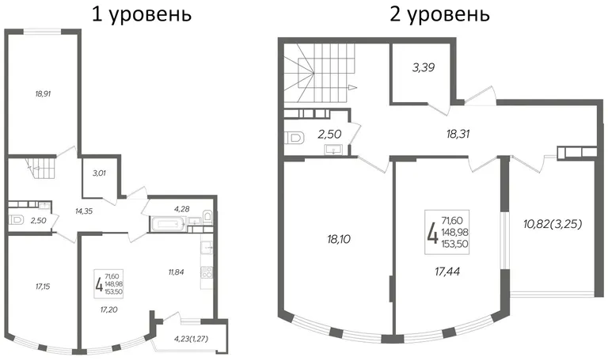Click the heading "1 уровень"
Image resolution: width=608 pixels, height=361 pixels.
pyautogui.click(x=142, y=15)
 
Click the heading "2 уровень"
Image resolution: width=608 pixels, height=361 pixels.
pyautogui.click(x=439, y=15)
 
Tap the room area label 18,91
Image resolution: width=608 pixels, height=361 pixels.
pyautogui.click(x=43, y=93)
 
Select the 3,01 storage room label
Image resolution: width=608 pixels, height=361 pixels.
pyautogui.click(x=99, y=173)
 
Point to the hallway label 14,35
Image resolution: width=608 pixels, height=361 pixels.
pyautogui.click(x=84, y=211)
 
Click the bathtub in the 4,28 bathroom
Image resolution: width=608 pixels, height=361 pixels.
pyautogui.click(x=167, y=225)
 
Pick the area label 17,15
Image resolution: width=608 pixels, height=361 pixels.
pyautogui.click(x=43, y=287)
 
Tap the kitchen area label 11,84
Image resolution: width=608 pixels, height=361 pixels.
pyautogui.click(x=176, y=272)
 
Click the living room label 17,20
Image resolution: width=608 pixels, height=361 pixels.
pyautogui.click(x=109, y=310)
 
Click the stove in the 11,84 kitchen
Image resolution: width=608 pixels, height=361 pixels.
pyautogui.click(x=207, y=272)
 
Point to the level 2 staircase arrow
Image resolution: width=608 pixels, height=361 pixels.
pyautogui.click(x=352, y=87)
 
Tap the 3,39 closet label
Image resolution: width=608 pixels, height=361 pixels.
pyautogui.click(x=424, y=67)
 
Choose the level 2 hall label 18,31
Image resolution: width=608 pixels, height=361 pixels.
pyautogui.click(x=458, y=134)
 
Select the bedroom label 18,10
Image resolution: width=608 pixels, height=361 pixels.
pyautogui.click(x=339, y=239)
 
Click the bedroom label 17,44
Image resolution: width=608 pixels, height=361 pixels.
pyautogui.click(x=447, y=271)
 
